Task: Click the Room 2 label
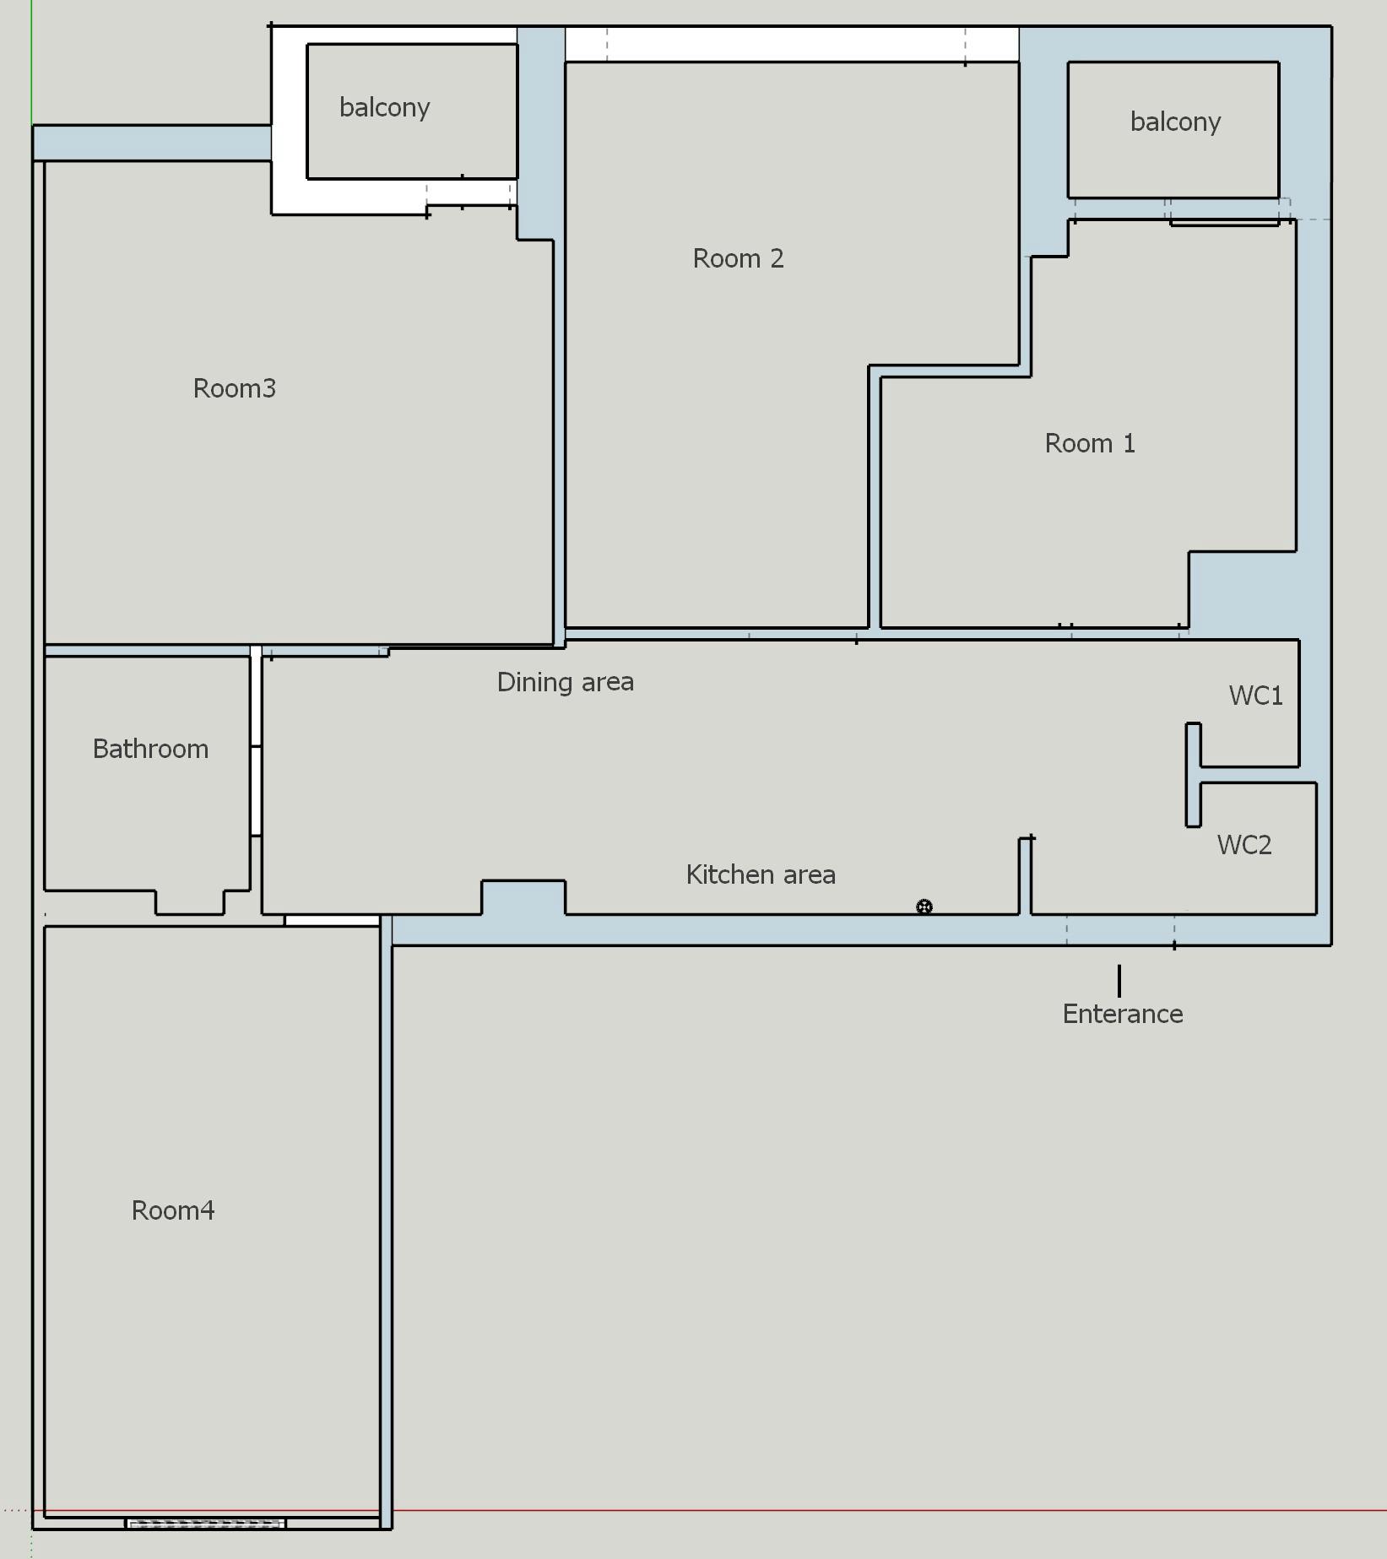(x=738, y=258)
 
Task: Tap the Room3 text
(x=234, y=388)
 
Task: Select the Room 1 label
(x=1089, y=443)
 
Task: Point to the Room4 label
(x=173, y=1210)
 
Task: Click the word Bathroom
(x=150, y=749)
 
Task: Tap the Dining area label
(x=565, y=682)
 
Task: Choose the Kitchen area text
(x=760, y=874)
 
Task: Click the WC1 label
(x=1255, y=696)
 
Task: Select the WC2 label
(x=1243, y=845)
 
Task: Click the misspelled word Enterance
(x=1122, y=1014)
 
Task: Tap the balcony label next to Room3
(x=384, y=107)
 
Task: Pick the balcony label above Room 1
(x=1174, y=122)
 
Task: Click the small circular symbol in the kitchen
(x=924, y=907)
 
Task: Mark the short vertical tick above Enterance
(x=1119, y=980)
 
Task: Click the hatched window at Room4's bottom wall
(x=205, y=1524)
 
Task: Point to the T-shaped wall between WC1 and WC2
(x=1194, y=774)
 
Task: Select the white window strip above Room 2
(x=791, y=44)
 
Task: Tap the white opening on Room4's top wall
(x=332, y=920)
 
